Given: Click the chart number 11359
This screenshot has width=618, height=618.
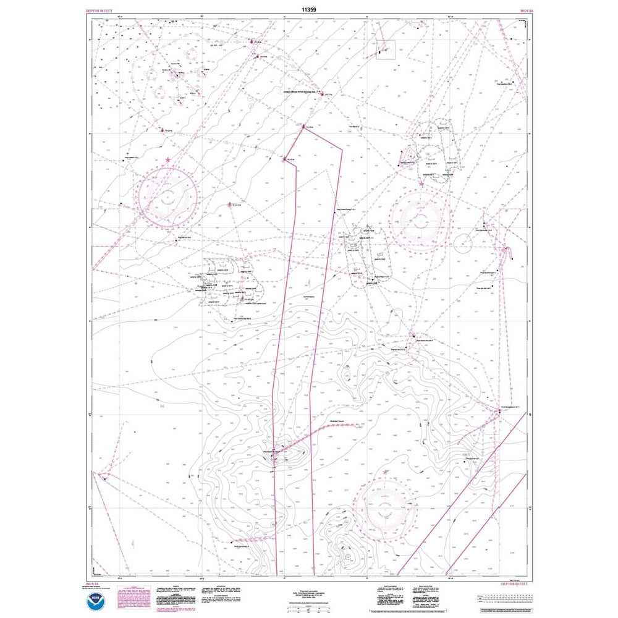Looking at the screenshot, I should pyautogui.click(x=309, y=10).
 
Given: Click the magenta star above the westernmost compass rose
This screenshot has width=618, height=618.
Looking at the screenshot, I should pyautogui.click(x=169, y=160).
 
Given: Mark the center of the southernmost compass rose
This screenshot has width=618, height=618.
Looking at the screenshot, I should pyautogui.click(x=387, y=501).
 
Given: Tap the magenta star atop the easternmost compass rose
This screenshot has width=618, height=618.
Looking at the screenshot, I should pyautogui.click(x=421, y=184).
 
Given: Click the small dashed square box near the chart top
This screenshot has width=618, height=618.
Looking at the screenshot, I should pyautogui.click(x=386, y=49).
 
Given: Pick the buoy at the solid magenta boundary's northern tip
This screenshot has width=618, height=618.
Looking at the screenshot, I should pyautogui.click(x=303, y=128).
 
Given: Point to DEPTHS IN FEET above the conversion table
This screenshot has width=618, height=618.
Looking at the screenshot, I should pyautogui.click(x=515, y=582).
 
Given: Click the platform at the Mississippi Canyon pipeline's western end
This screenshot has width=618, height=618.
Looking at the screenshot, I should pyautogui.click(x=274, y=451).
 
